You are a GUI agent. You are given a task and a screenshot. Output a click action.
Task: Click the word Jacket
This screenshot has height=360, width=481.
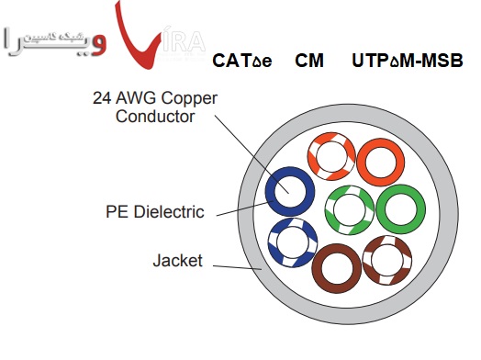coord(176,261)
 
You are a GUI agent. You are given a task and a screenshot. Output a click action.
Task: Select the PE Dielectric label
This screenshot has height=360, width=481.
coord(154,212)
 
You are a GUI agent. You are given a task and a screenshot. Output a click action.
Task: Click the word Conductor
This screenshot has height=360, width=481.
coord(156,117)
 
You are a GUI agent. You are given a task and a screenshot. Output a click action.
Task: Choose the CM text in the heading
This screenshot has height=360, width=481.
coord(308,62)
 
